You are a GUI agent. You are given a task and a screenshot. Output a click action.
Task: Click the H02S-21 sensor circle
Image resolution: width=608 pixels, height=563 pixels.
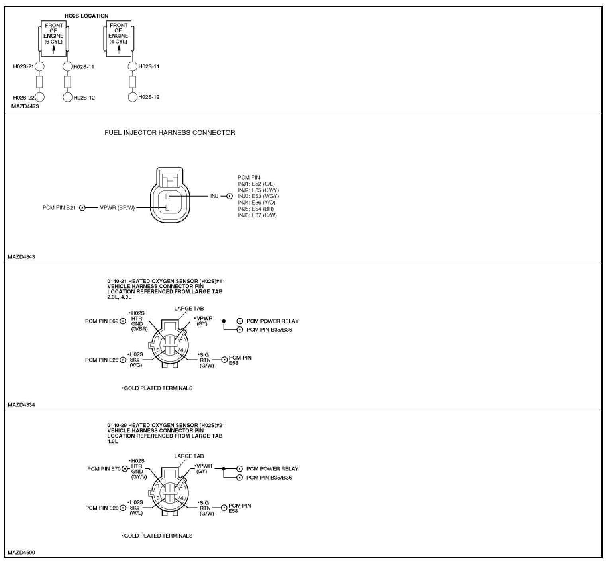click(40, 66)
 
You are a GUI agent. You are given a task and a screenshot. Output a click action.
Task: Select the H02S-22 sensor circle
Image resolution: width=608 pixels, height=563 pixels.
click(40, 97)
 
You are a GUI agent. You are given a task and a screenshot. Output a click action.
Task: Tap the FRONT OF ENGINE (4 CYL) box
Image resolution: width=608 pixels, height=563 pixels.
click(118, 39)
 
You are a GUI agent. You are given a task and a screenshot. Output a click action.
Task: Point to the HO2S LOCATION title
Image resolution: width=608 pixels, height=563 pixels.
click(86, 16)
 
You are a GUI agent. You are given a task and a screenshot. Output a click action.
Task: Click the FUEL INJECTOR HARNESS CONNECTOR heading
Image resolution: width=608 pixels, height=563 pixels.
click(170, 133)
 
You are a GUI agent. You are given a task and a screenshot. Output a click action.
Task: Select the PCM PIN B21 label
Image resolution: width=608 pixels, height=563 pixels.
click(59, 208)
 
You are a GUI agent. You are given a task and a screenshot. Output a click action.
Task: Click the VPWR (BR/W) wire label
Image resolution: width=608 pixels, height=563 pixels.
click(118, 208)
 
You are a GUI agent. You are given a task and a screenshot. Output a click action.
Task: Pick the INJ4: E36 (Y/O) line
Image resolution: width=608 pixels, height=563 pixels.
click(256, 202)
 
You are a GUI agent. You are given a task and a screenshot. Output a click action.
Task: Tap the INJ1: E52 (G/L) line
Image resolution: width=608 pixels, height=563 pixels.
click(256, 184)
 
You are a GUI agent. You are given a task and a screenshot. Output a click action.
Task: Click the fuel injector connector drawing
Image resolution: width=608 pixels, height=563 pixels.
click(170, 195)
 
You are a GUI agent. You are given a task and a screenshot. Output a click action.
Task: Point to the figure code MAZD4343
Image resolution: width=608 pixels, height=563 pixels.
click(21, 257)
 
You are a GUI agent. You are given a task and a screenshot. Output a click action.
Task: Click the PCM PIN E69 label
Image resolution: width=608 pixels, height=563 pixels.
click(102, 321)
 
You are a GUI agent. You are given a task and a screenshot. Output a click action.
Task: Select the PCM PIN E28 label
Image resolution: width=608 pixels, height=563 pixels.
click(102, 360)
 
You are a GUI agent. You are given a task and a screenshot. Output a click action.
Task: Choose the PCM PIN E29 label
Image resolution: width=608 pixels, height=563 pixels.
click(102, 508)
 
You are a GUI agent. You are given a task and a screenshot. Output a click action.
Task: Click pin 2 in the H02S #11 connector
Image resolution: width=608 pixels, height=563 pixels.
click(181, 338)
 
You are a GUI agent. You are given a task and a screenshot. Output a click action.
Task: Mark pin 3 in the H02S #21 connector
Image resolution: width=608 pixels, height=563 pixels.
click(158, 498)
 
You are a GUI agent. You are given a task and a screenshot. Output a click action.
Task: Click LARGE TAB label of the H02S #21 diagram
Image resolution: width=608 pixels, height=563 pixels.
click(189, 456)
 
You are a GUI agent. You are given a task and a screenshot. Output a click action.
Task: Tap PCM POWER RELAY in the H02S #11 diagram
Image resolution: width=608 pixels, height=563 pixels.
click(273, 321)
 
